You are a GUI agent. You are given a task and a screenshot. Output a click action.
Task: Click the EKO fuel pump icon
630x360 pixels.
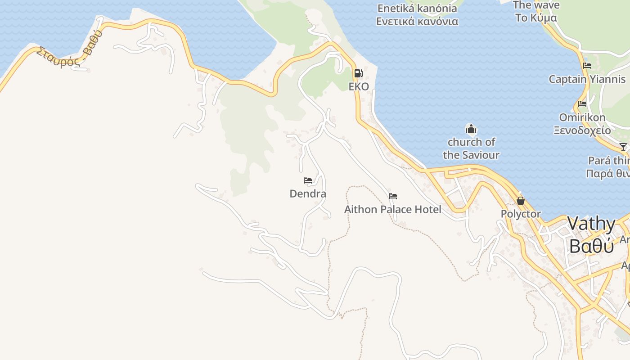coord(358,73)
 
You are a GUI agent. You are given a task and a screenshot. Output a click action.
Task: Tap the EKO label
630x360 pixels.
coord(359,86)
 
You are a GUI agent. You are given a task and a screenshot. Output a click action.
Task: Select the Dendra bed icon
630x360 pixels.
coord(308,180)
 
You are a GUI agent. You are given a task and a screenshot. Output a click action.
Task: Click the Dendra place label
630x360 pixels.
coord(308,194)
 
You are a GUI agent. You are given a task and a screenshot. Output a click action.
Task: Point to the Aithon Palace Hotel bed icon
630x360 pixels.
coord(393,196)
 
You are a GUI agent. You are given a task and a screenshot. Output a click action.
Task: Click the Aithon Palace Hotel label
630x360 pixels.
coord(393,209)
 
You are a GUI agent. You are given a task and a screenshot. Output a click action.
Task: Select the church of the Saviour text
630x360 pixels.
coord(471,148)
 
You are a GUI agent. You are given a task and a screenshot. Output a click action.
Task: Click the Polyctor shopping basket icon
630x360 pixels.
coord(521,201)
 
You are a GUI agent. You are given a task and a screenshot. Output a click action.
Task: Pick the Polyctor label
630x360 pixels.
coord(521,214)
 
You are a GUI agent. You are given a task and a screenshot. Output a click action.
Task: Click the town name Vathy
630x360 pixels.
coord(591,224)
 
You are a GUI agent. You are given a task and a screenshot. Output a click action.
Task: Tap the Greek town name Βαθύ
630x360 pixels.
coord(591,246)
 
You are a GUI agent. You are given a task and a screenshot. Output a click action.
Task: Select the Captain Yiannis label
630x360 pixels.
coord(587,79)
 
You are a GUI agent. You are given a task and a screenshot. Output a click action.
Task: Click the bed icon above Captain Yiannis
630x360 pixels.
coord(587,66)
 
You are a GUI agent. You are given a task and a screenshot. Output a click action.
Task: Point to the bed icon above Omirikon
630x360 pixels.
coord(582,104)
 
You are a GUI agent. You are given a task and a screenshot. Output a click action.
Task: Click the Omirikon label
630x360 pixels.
coord(582,117)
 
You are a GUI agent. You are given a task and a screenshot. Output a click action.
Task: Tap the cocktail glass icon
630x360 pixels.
coord(623,147)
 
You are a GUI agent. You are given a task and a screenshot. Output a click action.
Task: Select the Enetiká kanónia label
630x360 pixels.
coord(417,8)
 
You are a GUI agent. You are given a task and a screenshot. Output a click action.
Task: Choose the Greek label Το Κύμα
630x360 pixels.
coord(536,18)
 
